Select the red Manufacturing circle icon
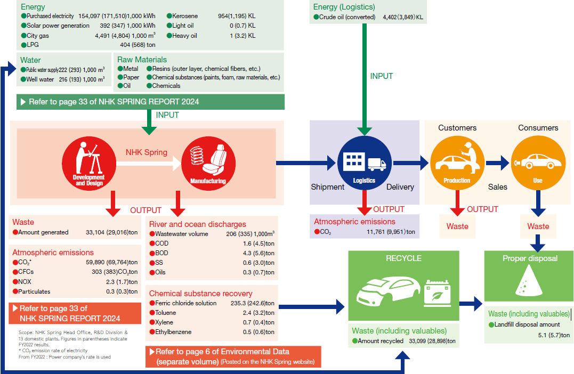208,164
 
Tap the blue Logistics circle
365,163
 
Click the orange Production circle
457,163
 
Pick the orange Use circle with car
538,163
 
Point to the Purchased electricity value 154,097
92,17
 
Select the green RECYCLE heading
403,258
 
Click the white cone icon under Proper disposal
529,282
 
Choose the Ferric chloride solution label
185,303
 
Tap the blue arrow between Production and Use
497,163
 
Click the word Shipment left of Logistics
328,187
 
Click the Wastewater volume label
182,234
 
